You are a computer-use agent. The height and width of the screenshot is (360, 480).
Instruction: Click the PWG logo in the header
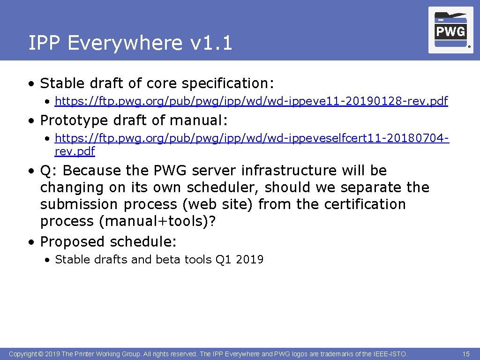point(450,30)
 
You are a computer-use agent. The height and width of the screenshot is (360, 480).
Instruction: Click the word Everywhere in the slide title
point(124,43)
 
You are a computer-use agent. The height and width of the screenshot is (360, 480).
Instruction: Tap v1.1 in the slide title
point(211,43)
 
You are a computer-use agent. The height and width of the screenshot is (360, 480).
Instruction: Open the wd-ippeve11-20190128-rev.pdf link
point(251,101)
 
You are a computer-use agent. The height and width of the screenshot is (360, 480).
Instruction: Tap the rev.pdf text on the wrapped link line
point(75,151)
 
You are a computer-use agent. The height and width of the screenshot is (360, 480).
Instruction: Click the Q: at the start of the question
point(48,171)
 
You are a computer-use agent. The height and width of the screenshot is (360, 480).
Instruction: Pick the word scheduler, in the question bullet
point(224,187)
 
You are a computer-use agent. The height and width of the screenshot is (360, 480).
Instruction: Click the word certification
point(358,204)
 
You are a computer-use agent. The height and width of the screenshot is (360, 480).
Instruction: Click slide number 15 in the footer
point(466,354)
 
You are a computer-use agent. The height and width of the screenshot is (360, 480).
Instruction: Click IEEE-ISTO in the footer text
point(390,354)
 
